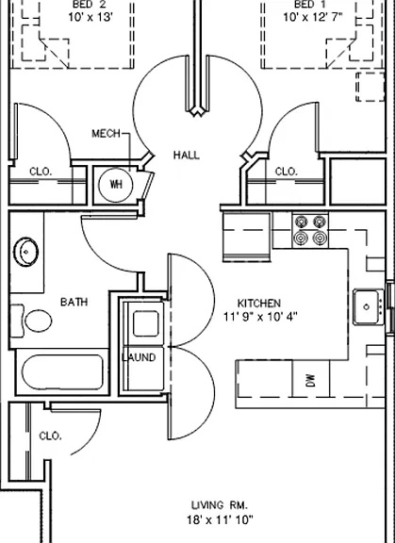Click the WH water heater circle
pyautogui.click(x=116, y=185)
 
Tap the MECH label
pyautogui.click(x=106, y=134)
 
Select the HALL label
pyautogui.click(x=187, y=156)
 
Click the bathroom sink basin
pyautogui.click(x=25, y=252)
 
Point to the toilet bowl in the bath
pyautogui.click(x=39, y=321)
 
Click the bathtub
pyautogui.click(x=62, y=372)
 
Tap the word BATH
pyautogui.click(x=74, y=302)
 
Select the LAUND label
pyautogui.click(x=139, y=357)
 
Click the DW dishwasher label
pyautogui.click(x=311, y=380)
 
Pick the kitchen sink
pyautogui.click(x=369, y=306)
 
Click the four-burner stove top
pyautogui.click(x=310, y=230)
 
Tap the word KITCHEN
pyautogui.click(x=259, y=304)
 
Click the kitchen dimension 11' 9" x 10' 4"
pyautogui.click(x=260, y=317)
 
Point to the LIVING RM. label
pyautogui.click(x=220, y=505)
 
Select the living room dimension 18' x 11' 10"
pyautogui.click(x=221, y=519)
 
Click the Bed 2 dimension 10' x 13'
pyautogui.click(x=91, y=17)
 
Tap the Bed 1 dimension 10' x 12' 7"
pyautogui.click(x=313, y=17)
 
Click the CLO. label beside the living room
pyautogui.click(x=51, y=436)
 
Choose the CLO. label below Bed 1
pyautogui.click(x=286, y=172)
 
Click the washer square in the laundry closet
pyautogui.click(x=146, y=323)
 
